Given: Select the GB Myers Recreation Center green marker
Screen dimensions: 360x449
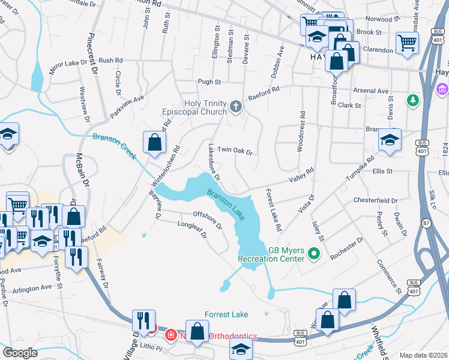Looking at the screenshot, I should (x=313, y=254).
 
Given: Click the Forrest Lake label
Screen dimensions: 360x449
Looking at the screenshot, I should (x=226, y=314).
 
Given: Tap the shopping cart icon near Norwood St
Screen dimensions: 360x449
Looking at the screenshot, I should (x=408, y=43).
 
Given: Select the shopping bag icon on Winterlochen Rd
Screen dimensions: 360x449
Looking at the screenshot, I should (x=155, y=143).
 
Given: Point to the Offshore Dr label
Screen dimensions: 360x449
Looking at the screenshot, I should (x=207, y=220).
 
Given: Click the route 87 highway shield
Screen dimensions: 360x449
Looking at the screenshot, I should (x=427, y=223).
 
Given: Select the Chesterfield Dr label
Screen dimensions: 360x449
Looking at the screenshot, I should (x=376, y=200).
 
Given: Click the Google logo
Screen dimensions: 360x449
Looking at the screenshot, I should (x=20, y=353).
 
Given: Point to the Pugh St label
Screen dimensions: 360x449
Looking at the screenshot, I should (x=210, y=82).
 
